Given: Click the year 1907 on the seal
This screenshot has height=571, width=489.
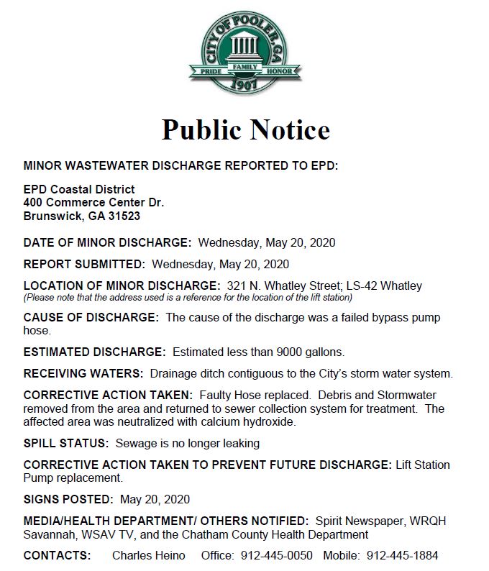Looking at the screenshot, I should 245,85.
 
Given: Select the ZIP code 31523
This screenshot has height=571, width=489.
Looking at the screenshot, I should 122,216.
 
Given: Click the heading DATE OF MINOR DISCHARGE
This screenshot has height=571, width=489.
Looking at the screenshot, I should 107,242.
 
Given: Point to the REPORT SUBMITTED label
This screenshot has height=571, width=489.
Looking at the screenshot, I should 84,264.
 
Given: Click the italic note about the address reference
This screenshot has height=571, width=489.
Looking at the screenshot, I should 188,297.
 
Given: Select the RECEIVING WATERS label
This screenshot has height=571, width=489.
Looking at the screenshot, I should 83,374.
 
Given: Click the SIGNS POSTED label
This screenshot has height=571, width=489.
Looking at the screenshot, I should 68,499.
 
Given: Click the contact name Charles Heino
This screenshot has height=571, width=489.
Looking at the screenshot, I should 148,556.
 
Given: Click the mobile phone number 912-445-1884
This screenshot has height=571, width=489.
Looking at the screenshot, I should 402,556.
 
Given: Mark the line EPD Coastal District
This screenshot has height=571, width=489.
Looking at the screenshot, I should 79,190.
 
